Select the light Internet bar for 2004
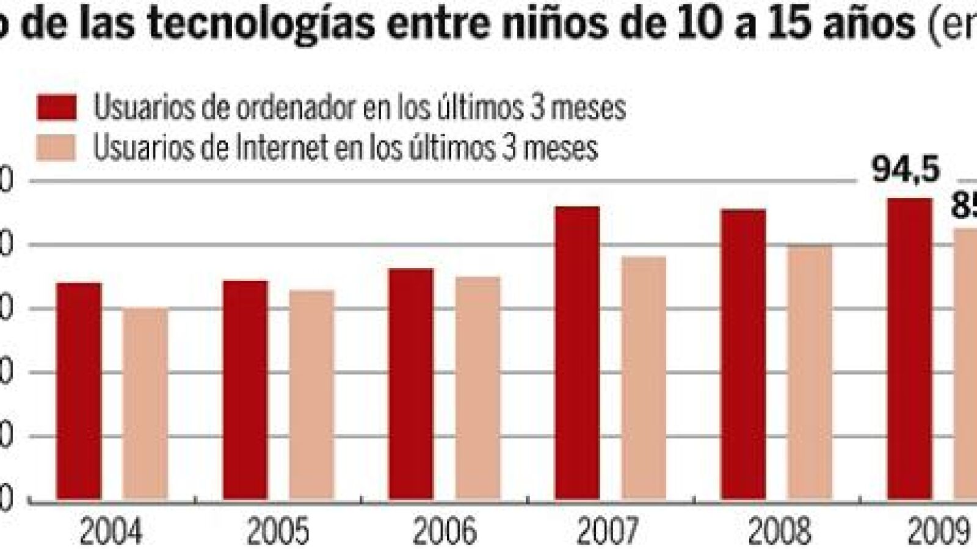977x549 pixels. [x=145, y=404]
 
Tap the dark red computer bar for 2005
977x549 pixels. [x=245, y=390]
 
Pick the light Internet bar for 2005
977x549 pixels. [x=311, y=395]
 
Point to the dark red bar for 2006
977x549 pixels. [x=411, y=384]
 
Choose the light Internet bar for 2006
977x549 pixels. [x=478, y=388]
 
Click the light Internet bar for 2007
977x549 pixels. [x=644, y=379]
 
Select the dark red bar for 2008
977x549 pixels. [x=743, y=355]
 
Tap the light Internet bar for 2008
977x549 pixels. [x=810, y=373]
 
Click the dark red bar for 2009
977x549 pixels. [x=909, y=349]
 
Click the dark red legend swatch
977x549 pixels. [x=57, y=107]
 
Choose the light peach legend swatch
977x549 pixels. [x=57, y=148]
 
